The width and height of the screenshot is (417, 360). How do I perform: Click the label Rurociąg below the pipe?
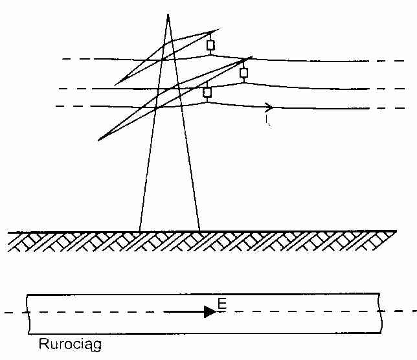pyautogui.click(x=66, y=344)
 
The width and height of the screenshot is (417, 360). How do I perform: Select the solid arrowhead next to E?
pyautogui.click(x=210, y=311)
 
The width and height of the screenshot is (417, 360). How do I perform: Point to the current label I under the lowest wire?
pyautogui.click(x=267, y=120)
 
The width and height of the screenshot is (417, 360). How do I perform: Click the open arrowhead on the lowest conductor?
pyautogui.click(x=269, y=107)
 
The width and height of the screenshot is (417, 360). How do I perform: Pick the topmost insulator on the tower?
pyautogui.click(x=210, y=45)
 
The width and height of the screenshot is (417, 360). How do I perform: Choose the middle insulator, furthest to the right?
pyautogui.click(x=243, y=73)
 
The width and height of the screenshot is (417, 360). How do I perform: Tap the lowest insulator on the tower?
pyautogui.click(x=207, y=92)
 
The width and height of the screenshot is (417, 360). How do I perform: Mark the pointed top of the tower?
pyautogui.click(x=168, y=14)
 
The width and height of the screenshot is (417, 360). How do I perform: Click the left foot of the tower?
pyautogui.click(x=139, y=230)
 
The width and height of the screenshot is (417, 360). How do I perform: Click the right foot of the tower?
pyautogui.click(x=199, y=230)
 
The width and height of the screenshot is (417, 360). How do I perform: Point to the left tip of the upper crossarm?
pyautogui.click(x=115, y=85)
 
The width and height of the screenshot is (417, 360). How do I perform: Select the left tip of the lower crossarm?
pyautogui.click(x=98, y=140)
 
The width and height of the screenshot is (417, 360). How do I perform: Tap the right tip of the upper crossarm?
pyautogui.click(x=220, y=30)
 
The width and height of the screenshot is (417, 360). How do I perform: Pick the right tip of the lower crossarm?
pyautogui.click(x=253, y=56)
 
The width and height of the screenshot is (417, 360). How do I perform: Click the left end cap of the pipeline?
pyautogui.click(x=27, y=313)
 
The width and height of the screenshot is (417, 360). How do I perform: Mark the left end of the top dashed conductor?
pyautogui.click(x=63, y=59)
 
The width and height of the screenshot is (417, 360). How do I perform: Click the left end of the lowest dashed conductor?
pyautogui.click(x=57, y=106)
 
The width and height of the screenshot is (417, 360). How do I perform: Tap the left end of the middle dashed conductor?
pyautogui.click(x=60, y=89)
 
